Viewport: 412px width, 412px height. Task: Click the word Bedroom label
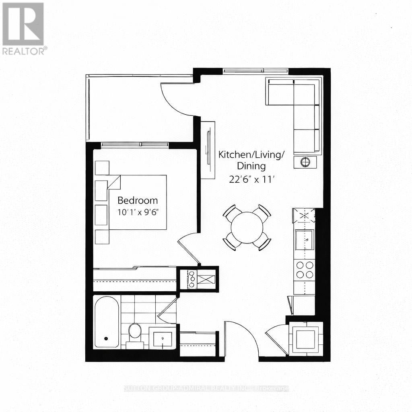138,200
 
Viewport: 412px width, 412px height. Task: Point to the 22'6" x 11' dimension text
251,180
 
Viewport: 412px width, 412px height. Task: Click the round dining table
247,227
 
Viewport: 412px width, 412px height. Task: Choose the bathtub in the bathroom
106,322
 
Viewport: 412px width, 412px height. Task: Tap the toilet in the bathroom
135,332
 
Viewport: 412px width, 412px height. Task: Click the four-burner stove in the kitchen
305,270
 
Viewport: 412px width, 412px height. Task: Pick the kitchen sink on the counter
305,240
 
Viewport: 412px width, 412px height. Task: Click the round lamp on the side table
305,162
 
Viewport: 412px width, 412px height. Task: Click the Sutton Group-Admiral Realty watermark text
206,389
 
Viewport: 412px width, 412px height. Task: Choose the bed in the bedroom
137,202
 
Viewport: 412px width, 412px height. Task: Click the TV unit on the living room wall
208,149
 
